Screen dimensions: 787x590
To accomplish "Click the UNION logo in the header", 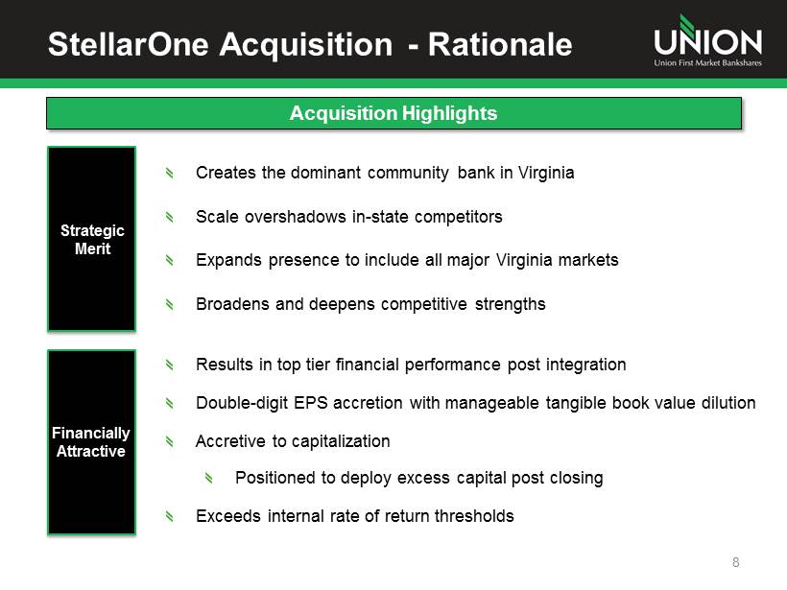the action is coord(707,40).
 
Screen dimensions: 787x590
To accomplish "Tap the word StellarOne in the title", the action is coord(129,44).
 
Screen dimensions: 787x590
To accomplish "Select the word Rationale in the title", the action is coord(500,44).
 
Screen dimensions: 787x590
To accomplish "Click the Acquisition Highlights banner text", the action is coord(393,113).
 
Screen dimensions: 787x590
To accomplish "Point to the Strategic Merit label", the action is coord(92,239).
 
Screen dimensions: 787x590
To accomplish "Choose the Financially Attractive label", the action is coord(91,442).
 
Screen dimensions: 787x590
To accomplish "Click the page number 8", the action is coord(736,562).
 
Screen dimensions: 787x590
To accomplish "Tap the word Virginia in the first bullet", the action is coord(546,173).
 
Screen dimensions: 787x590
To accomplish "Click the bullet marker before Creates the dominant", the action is coord(170,173).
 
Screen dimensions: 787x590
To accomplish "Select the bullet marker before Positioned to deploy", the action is coord(209,478).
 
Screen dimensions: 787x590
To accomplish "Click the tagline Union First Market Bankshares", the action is coord(707,62).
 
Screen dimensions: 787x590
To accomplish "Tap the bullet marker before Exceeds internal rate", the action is coord(170,516).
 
